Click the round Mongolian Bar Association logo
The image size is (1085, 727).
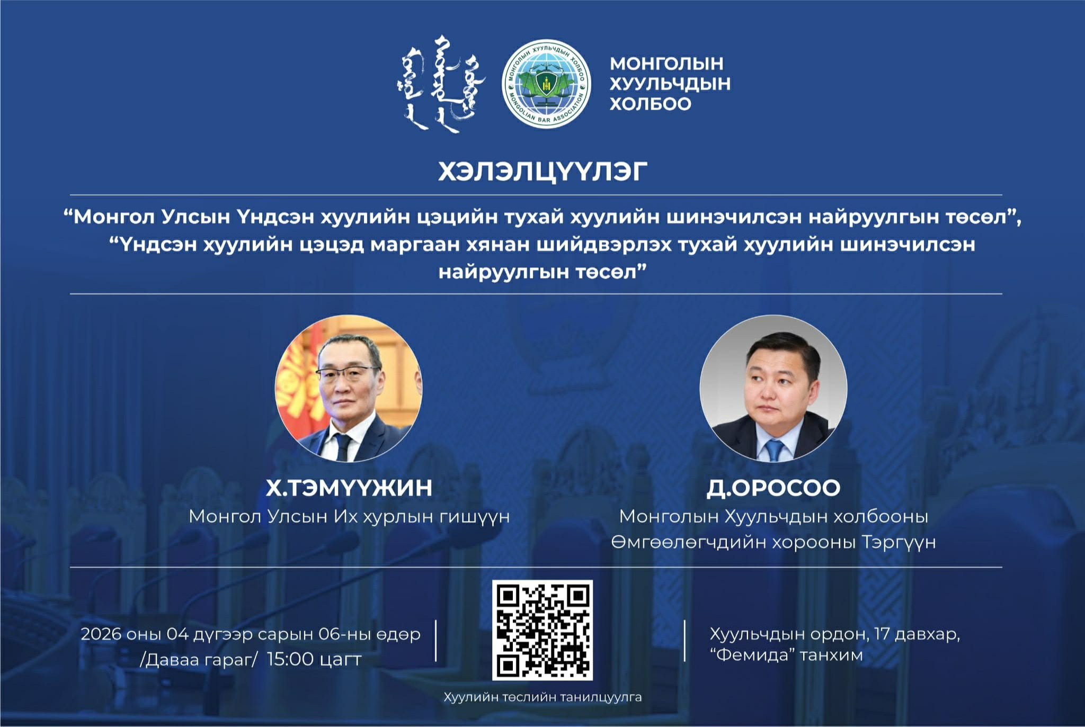click(x=546, y=83)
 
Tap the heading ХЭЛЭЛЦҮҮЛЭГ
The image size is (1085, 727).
click(x=542, y=172)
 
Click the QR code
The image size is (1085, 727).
click(x=542, y=630)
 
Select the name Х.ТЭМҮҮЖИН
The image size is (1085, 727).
click(x=349, y=488)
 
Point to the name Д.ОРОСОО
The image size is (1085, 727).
click(x=773, y=488)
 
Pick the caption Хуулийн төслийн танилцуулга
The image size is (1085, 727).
click(x=542, y=697)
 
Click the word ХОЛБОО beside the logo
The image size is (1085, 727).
click(x=651, y=104)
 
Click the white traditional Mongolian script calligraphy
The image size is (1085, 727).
click(x=440, y=84)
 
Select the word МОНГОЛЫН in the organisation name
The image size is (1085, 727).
click(x=666, y=64)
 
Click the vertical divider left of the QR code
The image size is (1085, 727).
click(x=435, y=641)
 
